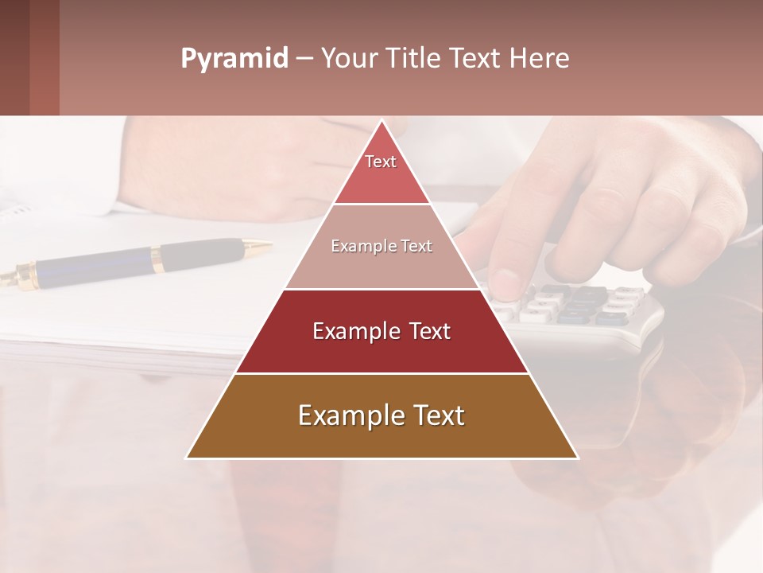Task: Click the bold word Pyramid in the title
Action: coord(234,59)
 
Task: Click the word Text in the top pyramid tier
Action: coord(381,162)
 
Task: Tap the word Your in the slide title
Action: coord(348,59)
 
